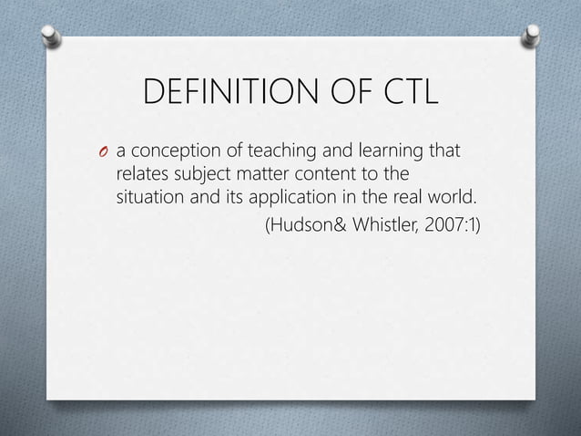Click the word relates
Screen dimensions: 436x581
coord(141,173)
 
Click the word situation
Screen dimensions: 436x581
coord(150,195)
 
